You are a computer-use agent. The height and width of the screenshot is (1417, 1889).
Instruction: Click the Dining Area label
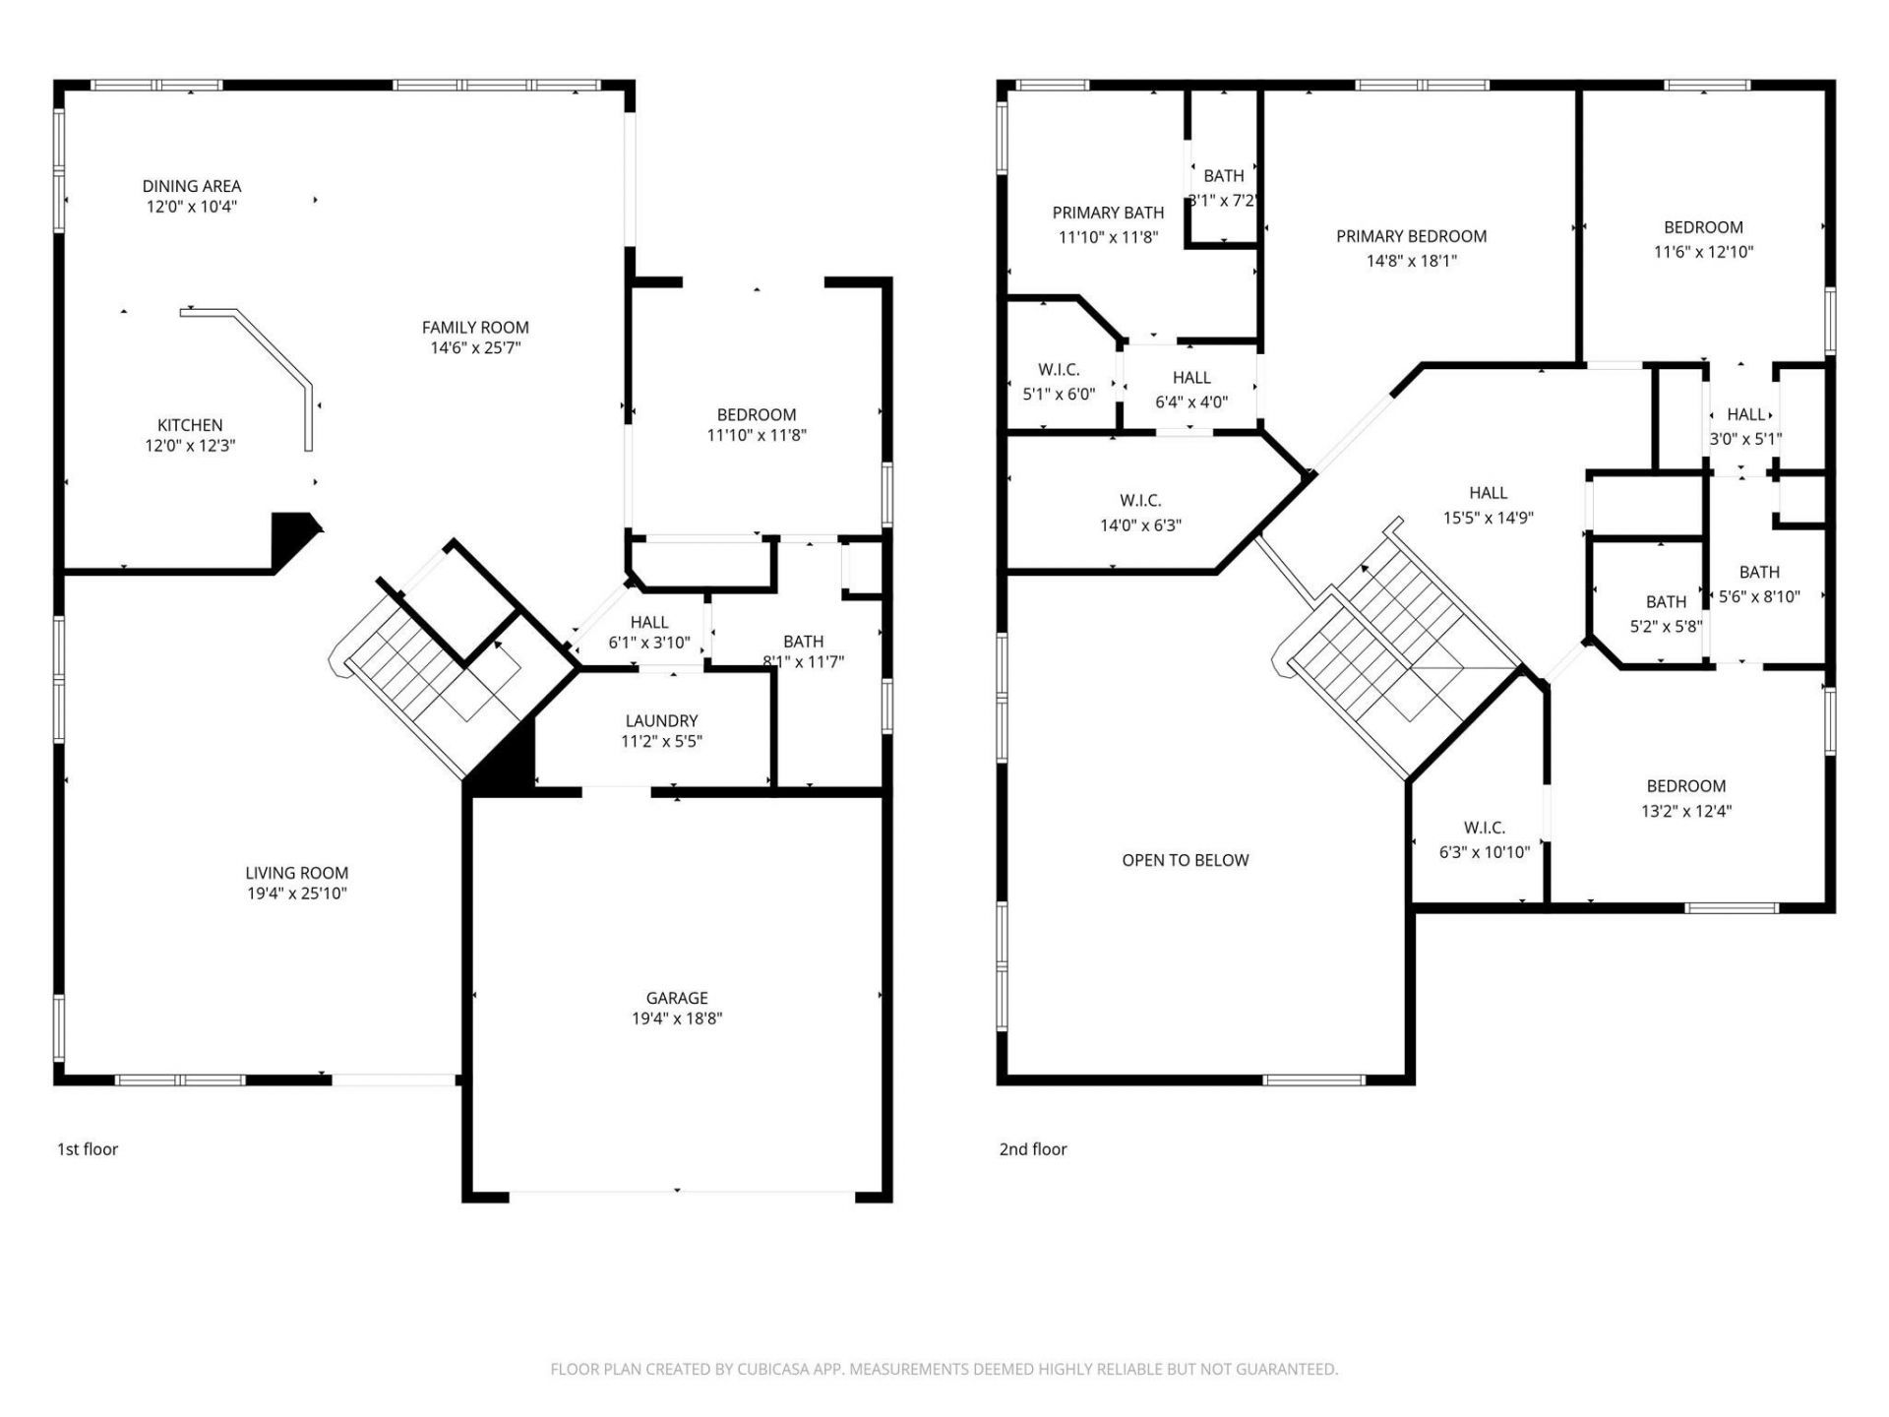click(191, 186)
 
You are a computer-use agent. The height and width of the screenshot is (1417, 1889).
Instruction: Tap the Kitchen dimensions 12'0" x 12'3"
click(190, 446)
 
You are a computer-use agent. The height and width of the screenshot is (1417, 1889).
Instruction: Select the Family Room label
click(475, 327)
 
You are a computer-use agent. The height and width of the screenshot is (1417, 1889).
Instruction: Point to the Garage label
click(677, 998)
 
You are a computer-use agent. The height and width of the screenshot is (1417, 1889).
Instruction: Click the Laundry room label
click(661, 721)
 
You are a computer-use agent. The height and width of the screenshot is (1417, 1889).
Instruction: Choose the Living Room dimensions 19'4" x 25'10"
click(296, 893)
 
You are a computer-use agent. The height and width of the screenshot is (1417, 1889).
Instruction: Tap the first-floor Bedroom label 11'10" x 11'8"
click(756, 415)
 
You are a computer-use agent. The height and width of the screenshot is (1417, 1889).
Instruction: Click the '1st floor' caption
click(88, 1148)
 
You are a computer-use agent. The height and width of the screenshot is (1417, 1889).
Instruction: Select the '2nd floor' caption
click(1033, 1148)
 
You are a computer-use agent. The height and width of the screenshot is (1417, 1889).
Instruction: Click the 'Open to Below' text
click(1185, 860)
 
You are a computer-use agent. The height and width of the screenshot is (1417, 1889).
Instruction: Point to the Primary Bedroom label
click(1411, 236)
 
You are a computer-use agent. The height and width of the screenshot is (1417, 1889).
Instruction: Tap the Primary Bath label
click(1108, 213)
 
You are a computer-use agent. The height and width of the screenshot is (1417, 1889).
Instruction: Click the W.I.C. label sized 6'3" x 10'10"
click(1484, 828)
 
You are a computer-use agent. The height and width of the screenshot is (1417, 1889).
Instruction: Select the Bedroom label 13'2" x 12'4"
click(1685, 786)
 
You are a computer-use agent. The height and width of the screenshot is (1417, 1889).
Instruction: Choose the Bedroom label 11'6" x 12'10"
click(1703, 227)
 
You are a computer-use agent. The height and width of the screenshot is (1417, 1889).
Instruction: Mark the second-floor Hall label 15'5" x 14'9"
click(1488, 493)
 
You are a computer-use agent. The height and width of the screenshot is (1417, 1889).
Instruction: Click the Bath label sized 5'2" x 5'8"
click(1666, 602)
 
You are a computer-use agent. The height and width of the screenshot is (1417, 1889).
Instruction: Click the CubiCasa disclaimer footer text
click(944, 1369)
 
